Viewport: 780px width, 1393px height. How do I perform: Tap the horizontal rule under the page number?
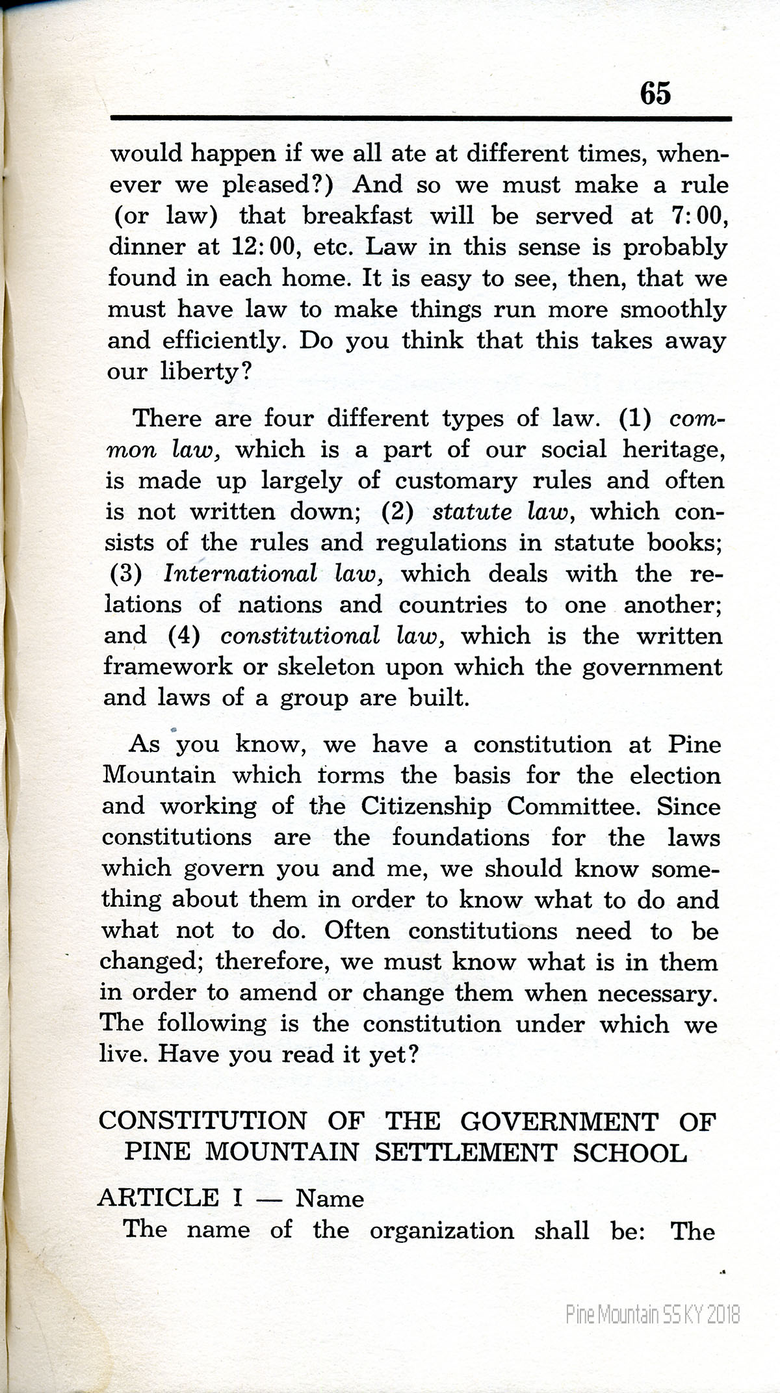421,118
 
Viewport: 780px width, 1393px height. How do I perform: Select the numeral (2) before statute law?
398,512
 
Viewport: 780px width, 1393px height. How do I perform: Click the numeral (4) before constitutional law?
183,636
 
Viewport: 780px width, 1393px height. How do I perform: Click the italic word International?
240,574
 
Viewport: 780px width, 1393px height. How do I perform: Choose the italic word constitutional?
300,636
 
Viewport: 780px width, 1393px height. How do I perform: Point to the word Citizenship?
426,807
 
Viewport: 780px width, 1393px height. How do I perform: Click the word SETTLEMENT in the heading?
465,1152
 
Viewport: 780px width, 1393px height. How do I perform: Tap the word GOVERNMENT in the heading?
559,1121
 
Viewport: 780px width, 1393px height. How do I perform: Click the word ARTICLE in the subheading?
158,1198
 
